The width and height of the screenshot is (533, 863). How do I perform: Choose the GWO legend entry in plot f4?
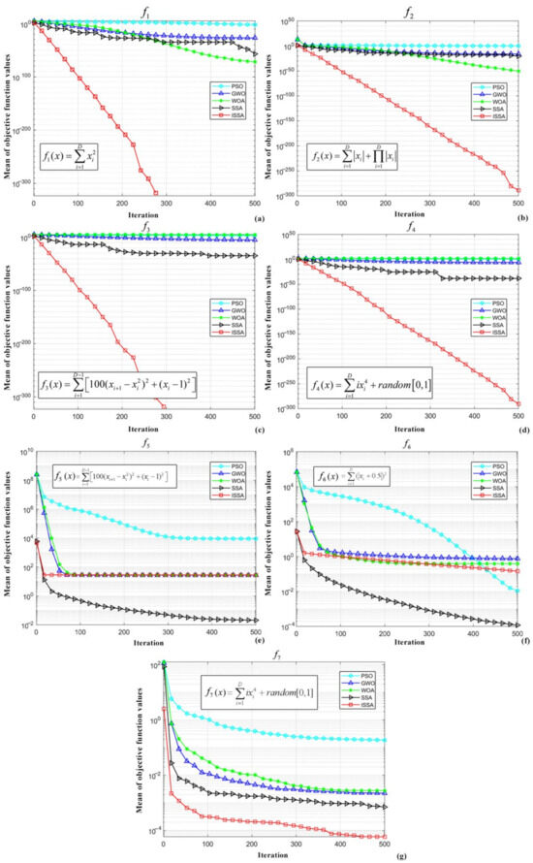497,307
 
